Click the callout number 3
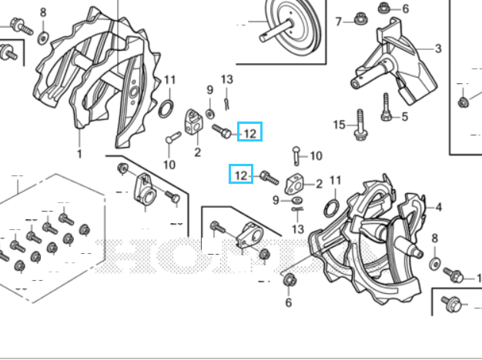tap(438, 48)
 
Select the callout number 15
tap(340, 125)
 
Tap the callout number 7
tap(339, 22)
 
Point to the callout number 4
tap(439, 208)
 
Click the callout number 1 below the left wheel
tap(79, 154)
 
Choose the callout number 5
tap(404, 117)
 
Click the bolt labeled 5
tap(387, 108)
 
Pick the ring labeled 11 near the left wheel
tap(166, 108)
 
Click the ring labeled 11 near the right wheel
tap(332, 208)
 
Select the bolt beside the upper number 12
tap(222, 132)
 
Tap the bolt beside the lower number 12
tap(269, 178)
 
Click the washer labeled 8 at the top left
tap(42, 38)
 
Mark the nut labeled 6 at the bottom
tap(290, 280)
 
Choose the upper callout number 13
tap(227, 79)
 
